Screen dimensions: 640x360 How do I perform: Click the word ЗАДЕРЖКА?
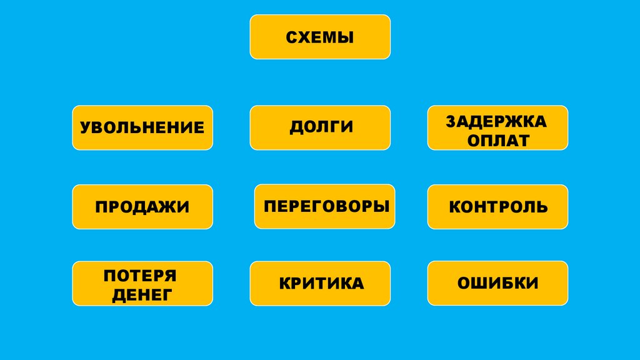[x=497, y=121]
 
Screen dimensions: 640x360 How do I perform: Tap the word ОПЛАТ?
[x=497, y=140]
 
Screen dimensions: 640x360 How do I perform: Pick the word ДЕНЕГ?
[x=142, y=294]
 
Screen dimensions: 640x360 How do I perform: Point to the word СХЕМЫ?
[x=320, y=38]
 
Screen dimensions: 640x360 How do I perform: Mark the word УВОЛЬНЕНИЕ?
[x=142, y=128]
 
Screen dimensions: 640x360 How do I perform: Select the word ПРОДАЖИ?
[x=142, y=207]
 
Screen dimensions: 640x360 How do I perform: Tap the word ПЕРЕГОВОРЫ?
[x=325, y=206]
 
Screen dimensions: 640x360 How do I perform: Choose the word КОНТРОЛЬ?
[x=498, y=207]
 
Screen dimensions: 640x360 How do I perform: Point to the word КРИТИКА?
[x=321, y=284]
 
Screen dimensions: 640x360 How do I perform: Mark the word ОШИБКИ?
[x=498, y=284]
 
